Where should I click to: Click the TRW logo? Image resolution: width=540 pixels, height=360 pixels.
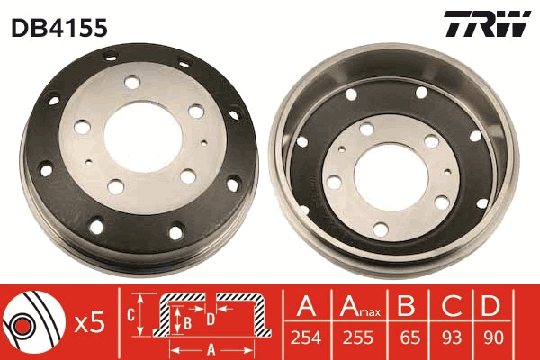(487, 25)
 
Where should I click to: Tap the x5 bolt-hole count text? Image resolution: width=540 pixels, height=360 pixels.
(90, 322)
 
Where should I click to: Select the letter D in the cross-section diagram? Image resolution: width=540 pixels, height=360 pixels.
(211, 318)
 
